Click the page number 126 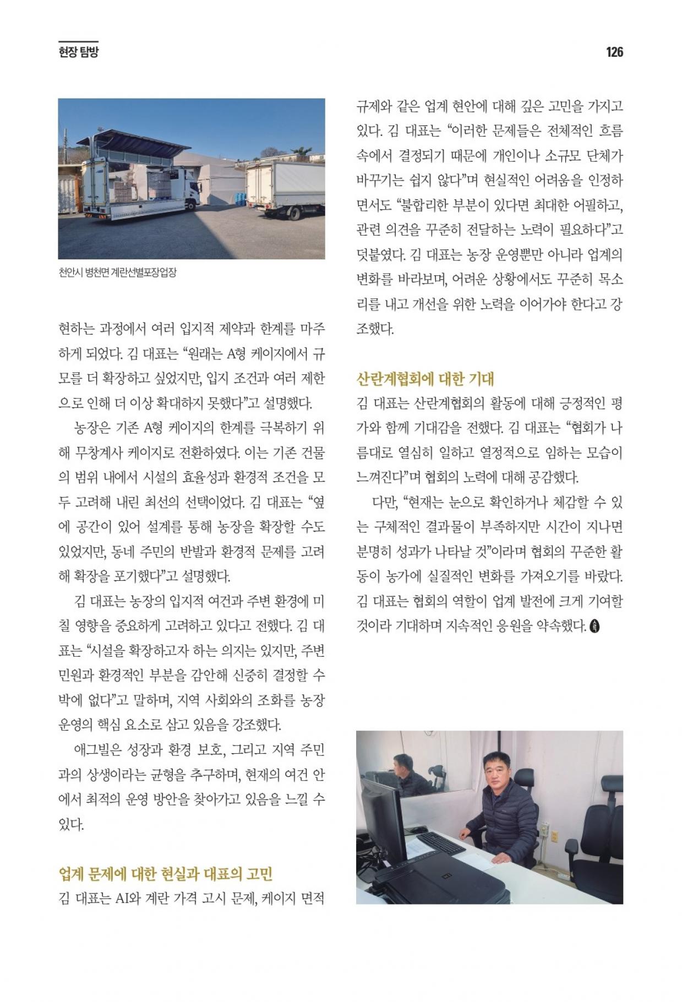(x=614, y=52)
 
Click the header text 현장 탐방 (x=78, y=52)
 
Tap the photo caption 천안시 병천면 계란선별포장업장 (x=117, y=273)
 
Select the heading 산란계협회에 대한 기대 (x=425, y=379)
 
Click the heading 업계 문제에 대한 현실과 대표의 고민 (x=166, y=874)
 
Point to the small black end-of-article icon (x=594, y=626)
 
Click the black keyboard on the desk (x=442, y=843)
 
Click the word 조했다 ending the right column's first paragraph (x=375, y=329)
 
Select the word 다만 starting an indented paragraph (x=385, y=502)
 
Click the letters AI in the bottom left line (x=122, y=899)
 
